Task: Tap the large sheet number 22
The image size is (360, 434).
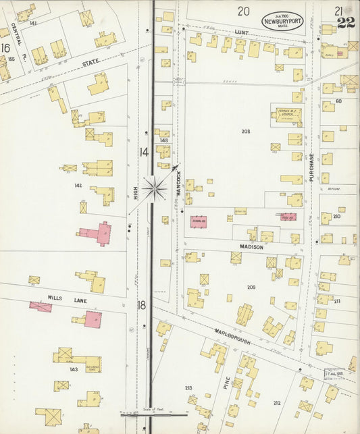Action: point(346,23)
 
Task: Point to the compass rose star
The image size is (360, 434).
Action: point(155,188)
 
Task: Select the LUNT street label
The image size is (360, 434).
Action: point(242,32)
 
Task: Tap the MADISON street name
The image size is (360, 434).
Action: point(251,247)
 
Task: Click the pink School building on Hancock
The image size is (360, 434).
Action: point(199,221)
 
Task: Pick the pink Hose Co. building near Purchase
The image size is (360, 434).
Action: point(288,217)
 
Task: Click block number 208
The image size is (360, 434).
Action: point(245,130)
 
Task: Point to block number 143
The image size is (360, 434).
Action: point(74,369)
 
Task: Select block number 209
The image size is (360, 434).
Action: point(251,287)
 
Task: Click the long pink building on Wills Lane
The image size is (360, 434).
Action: point(41,306)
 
